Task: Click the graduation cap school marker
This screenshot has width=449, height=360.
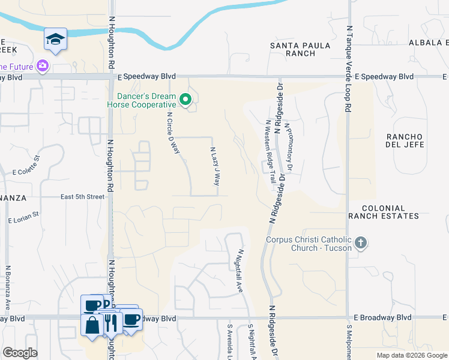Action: tap(55, 40)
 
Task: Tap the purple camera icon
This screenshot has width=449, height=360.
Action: tap(42, 66)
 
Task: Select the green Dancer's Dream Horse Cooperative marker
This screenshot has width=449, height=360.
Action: tap(185, 99)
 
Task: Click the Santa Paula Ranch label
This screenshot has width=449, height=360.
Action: tap(292, 49)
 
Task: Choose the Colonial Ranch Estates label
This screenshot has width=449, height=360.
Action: tap(382, 211)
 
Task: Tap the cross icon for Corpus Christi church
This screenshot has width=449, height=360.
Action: tap(360, 243)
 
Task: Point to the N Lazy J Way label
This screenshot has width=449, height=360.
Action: tap(214, 166)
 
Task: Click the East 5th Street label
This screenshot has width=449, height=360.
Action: tap(83, 196)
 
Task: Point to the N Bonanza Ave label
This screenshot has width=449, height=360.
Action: tap(8, 288)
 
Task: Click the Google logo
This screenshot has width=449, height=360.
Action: tap(20, 353)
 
